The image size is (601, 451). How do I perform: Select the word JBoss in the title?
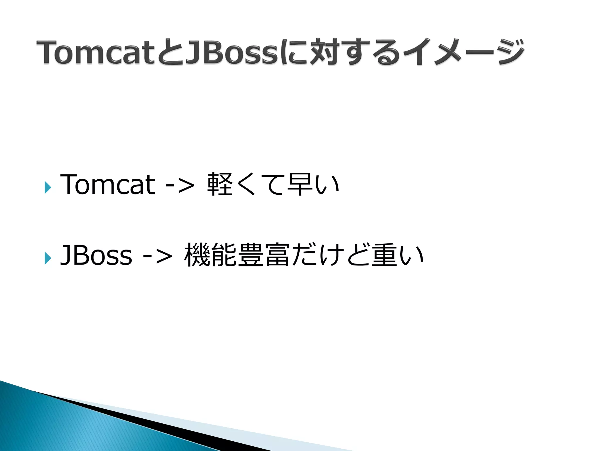[232, 52]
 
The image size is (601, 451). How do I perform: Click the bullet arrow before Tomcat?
[48, 187]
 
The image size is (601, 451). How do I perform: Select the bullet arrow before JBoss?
[48, 258]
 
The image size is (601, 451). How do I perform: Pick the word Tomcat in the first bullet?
[107, 184]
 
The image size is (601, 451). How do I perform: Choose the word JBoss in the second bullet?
[96, 255]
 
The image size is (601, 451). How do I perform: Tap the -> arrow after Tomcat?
[180, 185]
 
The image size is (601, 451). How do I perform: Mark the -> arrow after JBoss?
[157, 256]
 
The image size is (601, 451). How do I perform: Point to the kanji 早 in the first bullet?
[299, 184]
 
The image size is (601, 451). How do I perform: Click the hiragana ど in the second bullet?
[357, 255]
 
